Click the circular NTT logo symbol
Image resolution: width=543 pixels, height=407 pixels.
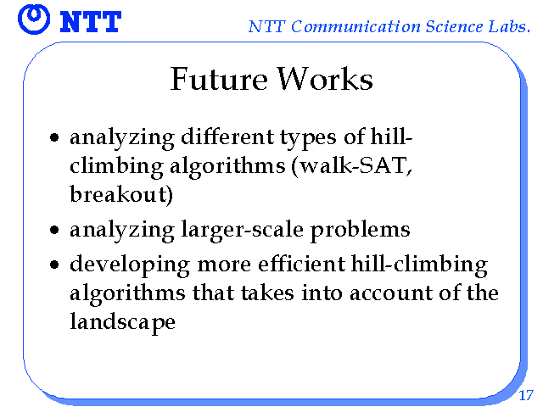(x=34, y=20)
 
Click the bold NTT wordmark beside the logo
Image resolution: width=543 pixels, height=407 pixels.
(x=91, y=22)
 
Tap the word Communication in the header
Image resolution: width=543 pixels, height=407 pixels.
(x=355, y=26)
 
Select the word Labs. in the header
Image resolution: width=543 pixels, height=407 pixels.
(x=509, y=26)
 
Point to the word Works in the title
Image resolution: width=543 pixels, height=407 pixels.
(x=325, y=79)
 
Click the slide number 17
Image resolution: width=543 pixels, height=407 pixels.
(x=526, y=395)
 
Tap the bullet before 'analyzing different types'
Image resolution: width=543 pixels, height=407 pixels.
(x=54, y=137)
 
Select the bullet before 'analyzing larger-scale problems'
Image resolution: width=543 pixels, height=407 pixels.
(x=54, y=230)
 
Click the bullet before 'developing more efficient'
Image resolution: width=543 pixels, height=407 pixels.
(x=54, y=265)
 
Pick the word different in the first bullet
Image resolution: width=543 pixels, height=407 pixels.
(x=227, y=137)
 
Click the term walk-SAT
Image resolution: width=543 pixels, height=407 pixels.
(x=353, y=165)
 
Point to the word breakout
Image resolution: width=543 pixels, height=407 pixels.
(x=118, y=194)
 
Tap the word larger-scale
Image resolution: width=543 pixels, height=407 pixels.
(x=242, y=230)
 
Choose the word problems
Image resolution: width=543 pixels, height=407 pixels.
(x=360, y=230)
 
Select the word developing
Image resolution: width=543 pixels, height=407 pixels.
(x=130, y=265)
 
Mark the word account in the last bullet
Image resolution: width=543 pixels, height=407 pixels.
(x=391, y=293)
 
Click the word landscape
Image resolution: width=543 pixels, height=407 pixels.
(x=122, y=322)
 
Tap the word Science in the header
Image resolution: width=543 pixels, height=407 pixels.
(x=454, y=26)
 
